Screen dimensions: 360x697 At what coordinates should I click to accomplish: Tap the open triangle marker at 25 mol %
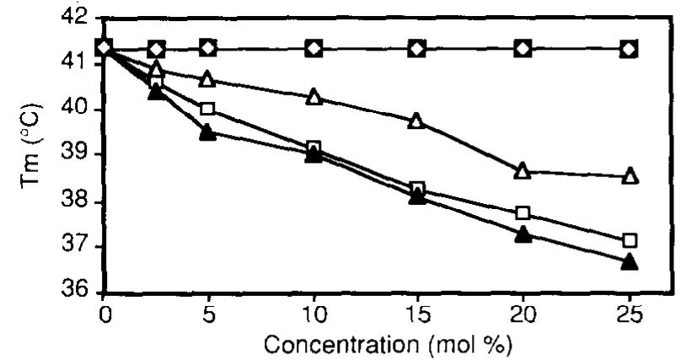click(629, 176)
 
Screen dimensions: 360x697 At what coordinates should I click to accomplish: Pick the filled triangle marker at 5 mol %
click(208, 132)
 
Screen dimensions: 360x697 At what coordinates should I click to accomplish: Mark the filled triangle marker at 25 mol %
click(629, 262)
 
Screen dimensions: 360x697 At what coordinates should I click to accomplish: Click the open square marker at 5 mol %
click(208, 110)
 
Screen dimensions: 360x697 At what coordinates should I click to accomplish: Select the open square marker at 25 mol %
click(629, 240)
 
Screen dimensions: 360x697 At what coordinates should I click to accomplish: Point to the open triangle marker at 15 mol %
click(417, 121)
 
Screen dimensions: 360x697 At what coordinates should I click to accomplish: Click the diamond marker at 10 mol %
click(314, 49)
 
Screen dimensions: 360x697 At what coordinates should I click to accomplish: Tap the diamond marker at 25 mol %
click(629, 49)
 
